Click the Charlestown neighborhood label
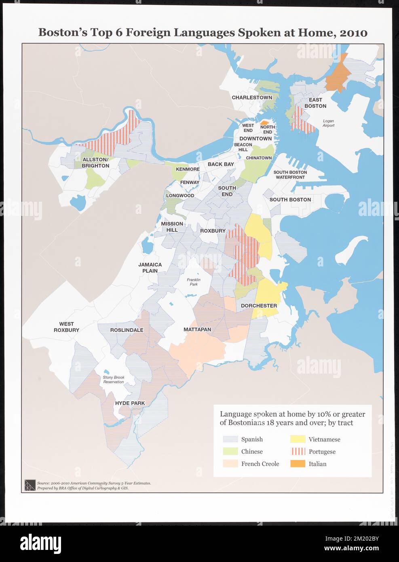pos(251,97)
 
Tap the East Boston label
pos(315,103)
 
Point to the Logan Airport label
pos(328,123)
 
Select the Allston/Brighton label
pos(95,163)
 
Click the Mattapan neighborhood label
pos(197,330)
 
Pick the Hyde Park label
pos(130,403)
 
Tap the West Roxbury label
pos(66,327)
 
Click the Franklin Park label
pos(194,282)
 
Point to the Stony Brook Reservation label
pos(113,380)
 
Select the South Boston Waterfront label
pos(290,175)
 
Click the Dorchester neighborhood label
pos(259,306)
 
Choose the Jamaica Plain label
pos(150,268)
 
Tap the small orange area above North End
pos(265,122)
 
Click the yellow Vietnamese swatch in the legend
pos(298,439)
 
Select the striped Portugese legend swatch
pos(298,452)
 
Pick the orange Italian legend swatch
pos(298,464)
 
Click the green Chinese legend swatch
pos(230,452)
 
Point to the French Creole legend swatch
pos(230,464)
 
